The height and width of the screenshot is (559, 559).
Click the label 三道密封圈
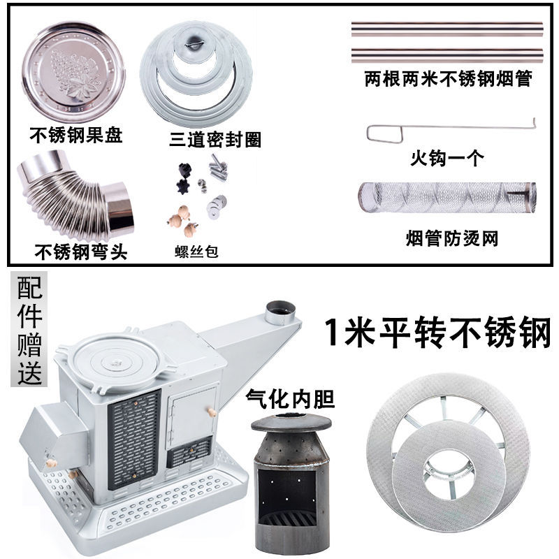(x=216, y=140)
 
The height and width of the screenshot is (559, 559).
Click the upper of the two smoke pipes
(x=447, y=29)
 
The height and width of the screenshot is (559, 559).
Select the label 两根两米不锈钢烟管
(x=448, y=79)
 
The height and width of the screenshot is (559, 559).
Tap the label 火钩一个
(x=447, y=159)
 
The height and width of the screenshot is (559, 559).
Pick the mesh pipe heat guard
(x=447, y=198)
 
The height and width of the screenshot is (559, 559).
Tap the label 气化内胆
(x=290, y=399)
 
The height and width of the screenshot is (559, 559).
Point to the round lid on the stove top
(x=116, y=360)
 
